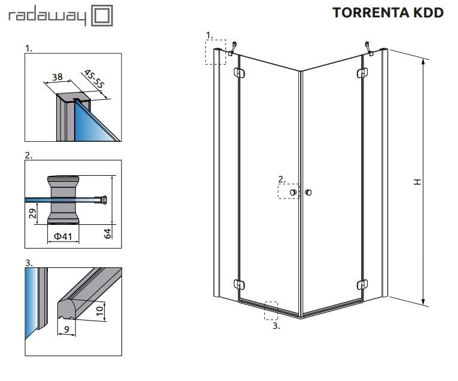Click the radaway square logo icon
(x=102, y=15)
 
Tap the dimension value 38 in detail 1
(x=57, y=77)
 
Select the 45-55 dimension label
(x=94, y=79)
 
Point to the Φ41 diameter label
(x=63, y=236)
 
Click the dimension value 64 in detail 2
(x=108, y=234)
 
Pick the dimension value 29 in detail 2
(x=33, y=214)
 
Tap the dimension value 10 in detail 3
(x=100, y=310)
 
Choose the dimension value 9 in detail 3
(x=67, y=330)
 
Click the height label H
(x=418, y=182)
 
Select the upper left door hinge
(x=239, y=73)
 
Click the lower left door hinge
(x=239, y=285)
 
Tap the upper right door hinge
(x=362, y=73)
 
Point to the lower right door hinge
(x=362, y=285)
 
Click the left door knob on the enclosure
(x=293, y=192)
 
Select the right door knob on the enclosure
(x=308, y=192)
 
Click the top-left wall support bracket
(x=232, y=49)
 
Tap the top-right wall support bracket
(x=369, y=49)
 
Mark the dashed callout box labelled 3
(x=271, y=311)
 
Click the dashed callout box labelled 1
(x=216, y=52)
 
